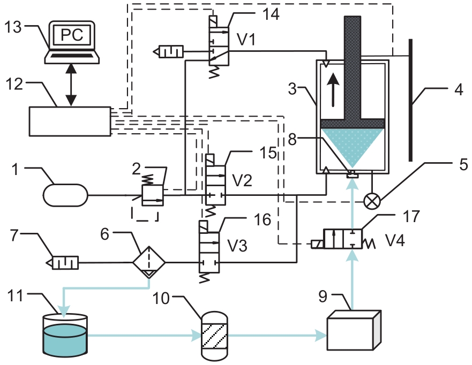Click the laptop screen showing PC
tap(72, 34)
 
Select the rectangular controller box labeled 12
tap(70, 121)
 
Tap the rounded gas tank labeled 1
tap(65, 195)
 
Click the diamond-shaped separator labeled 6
tap(149, 262)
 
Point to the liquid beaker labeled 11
tap(65, 334)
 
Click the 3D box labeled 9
tap(354, 330)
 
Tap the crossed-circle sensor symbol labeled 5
tap(372, 201)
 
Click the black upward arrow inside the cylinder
tap(333, 90)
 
